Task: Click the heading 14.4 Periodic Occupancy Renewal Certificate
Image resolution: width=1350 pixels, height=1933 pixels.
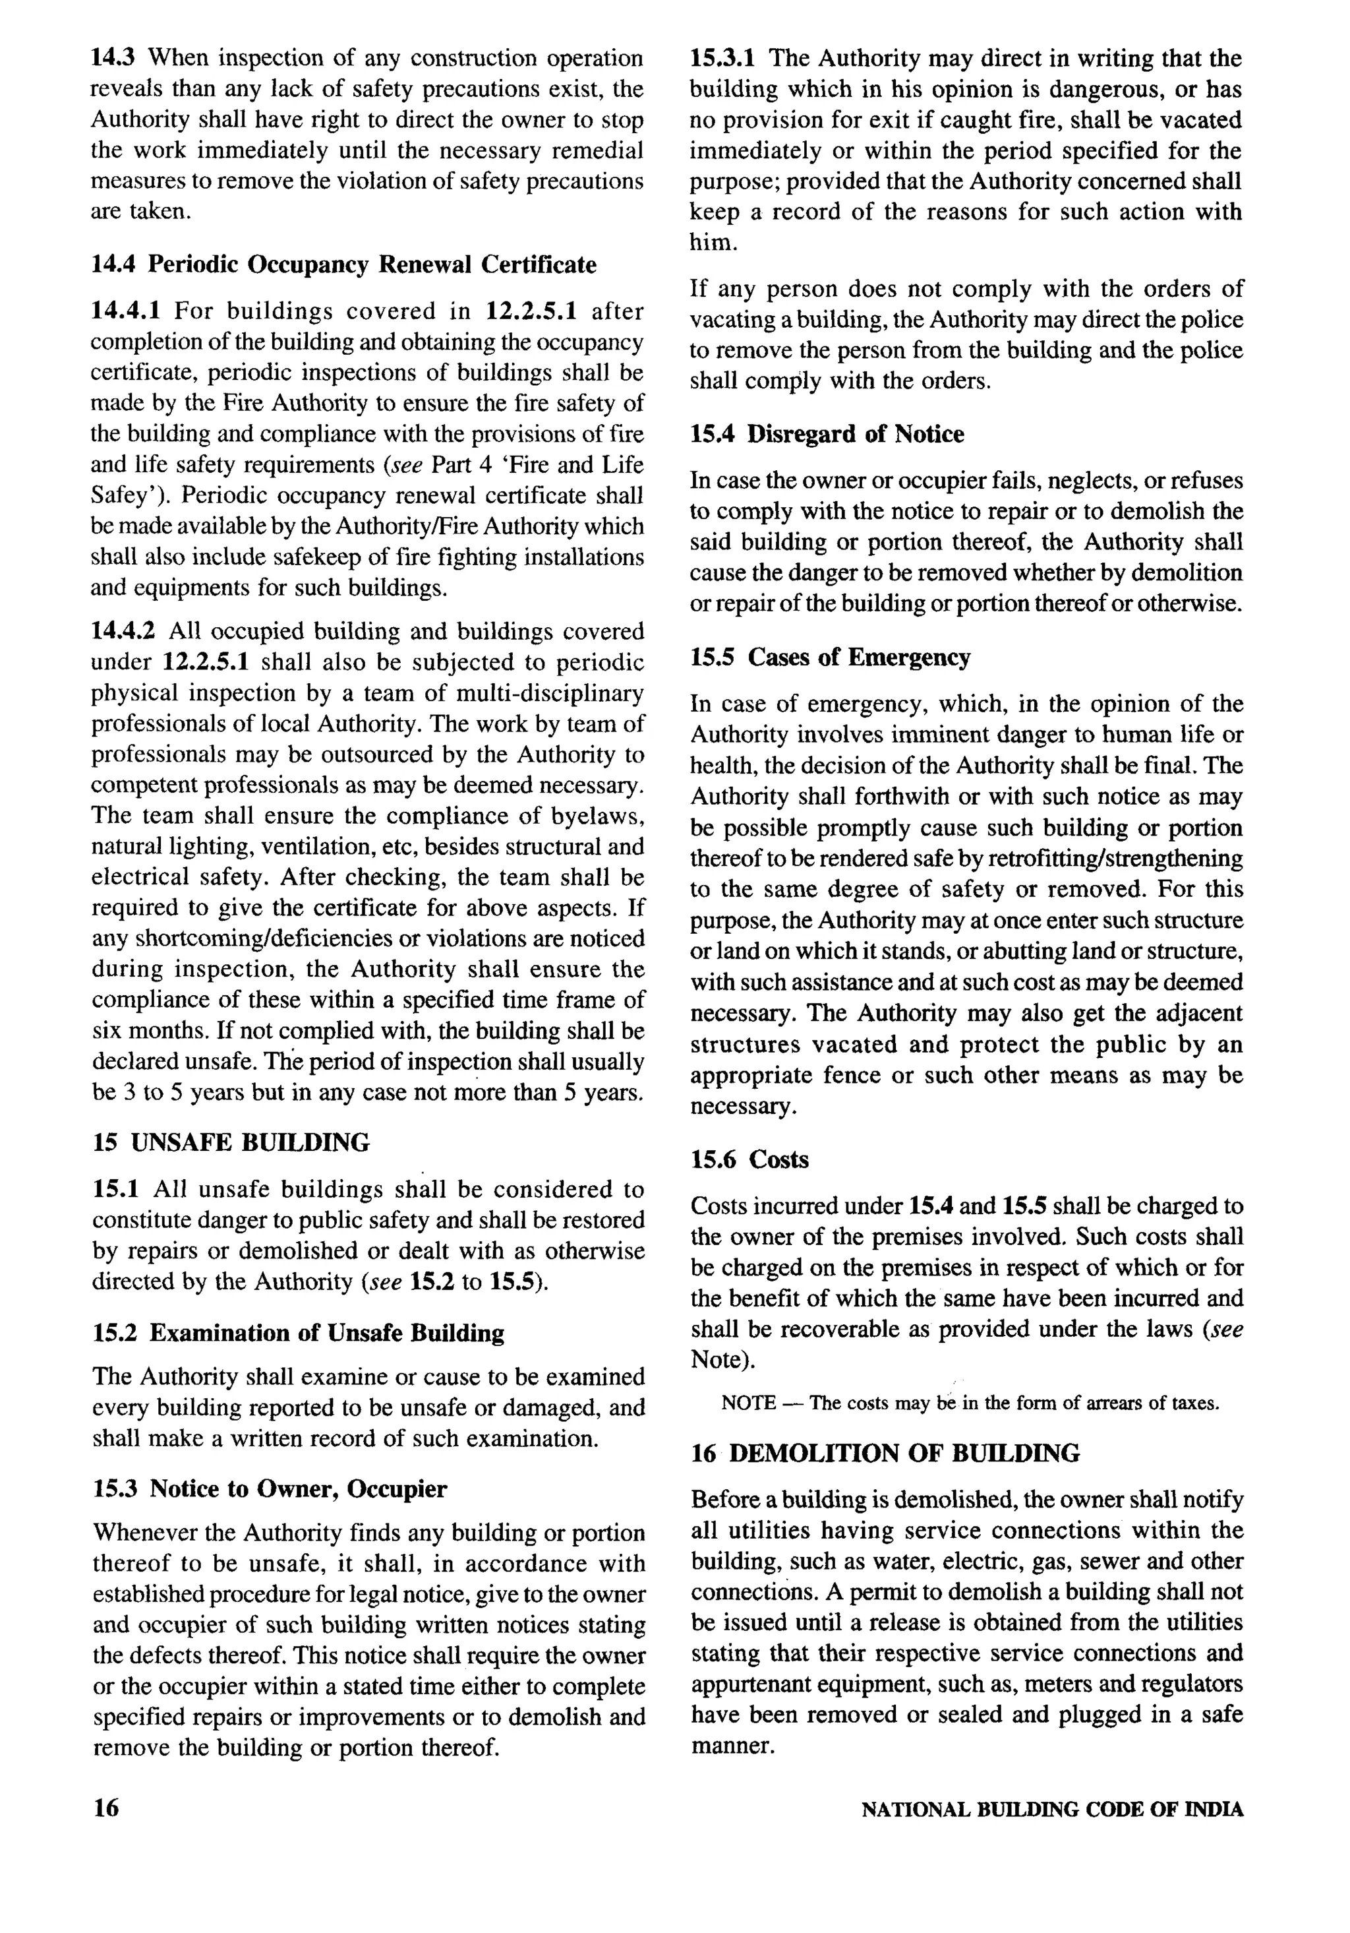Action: [343, 265]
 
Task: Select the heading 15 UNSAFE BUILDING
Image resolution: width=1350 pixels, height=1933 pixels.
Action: [231, 1142]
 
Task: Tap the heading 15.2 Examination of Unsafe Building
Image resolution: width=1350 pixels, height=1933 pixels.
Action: [298, 1334]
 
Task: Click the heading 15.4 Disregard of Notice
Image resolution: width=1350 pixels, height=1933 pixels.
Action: [827, 435]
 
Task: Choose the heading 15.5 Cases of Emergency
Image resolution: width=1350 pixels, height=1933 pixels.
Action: [830, 658]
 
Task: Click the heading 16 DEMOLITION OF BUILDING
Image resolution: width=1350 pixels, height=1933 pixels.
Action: [885, 1453]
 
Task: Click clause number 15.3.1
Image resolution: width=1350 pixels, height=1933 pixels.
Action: [722, 59]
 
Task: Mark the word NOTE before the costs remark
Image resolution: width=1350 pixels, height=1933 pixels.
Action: [748, 1403]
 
